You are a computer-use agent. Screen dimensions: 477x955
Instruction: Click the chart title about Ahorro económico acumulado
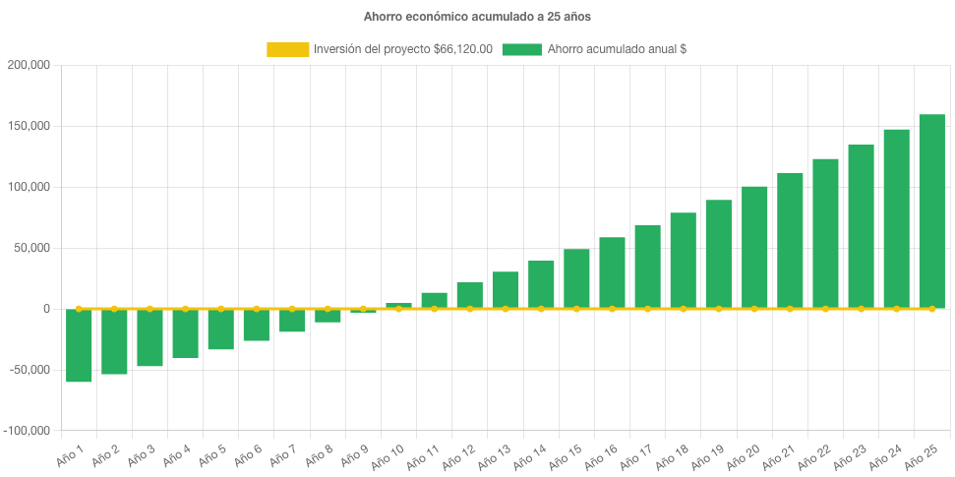coord(477,17)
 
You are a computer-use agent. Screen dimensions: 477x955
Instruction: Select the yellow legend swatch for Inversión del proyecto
coord(287,49)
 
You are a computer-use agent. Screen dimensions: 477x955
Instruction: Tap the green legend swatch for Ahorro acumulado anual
coord(521,49)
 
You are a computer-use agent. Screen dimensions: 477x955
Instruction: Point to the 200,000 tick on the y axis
coord(29,65)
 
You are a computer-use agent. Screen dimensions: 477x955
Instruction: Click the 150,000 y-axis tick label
coord(29,126)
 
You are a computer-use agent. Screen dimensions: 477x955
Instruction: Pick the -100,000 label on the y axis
coord(27,431)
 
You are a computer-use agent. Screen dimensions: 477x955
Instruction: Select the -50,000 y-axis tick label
coord(29,370)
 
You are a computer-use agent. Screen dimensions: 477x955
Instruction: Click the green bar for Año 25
coord(931,211)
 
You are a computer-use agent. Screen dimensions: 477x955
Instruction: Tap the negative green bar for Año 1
coord(80,345)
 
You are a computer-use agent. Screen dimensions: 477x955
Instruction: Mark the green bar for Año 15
coord(576,279)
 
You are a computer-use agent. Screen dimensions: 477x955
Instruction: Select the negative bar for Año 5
coord(221,329)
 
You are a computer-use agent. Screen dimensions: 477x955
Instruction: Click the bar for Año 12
coord(470,296)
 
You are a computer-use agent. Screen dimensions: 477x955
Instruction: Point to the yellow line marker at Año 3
coord(149,309)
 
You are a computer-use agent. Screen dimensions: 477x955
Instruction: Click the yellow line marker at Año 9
coord(363,309)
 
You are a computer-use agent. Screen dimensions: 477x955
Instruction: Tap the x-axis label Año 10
coord(385,455)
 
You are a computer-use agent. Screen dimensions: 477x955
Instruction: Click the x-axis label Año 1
coord(68,453)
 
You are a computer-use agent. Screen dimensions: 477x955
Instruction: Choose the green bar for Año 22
coord(825,234)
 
